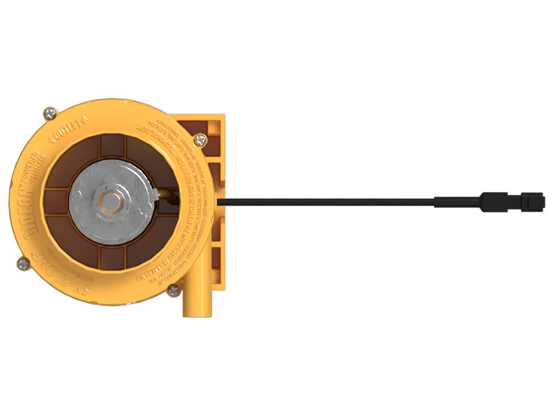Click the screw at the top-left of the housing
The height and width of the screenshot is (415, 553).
click(50, 112)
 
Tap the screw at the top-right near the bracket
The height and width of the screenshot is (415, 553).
click(200, 140)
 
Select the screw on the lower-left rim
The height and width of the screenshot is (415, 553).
click(24, 263)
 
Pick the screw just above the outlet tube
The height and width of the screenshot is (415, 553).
click(174, 290)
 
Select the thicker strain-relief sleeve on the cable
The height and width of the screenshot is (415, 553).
click(456, 202)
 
